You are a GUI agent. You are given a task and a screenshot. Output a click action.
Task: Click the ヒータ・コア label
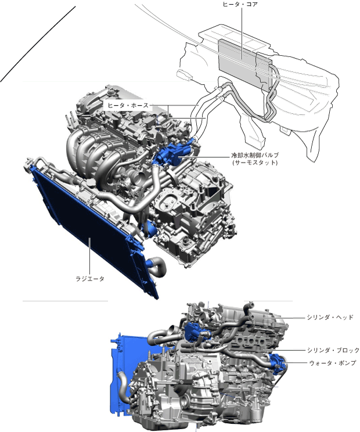[240, 4]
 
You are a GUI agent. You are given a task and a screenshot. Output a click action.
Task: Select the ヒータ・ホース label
[128, 105]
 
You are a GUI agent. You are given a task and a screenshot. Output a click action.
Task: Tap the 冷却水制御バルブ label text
[255, 155]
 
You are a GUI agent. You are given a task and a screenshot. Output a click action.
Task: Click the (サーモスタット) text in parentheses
[255, 162]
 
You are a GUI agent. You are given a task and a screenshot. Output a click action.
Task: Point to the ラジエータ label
[90, 279]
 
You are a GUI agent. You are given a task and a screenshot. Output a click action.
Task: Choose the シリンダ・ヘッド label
[330, 318]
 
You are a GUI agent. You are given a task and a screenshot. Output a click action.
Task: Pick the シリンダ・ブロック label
[333, 350]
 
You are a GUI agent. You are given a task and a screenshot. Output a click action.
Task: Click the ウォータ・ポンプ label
[333, 363]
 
